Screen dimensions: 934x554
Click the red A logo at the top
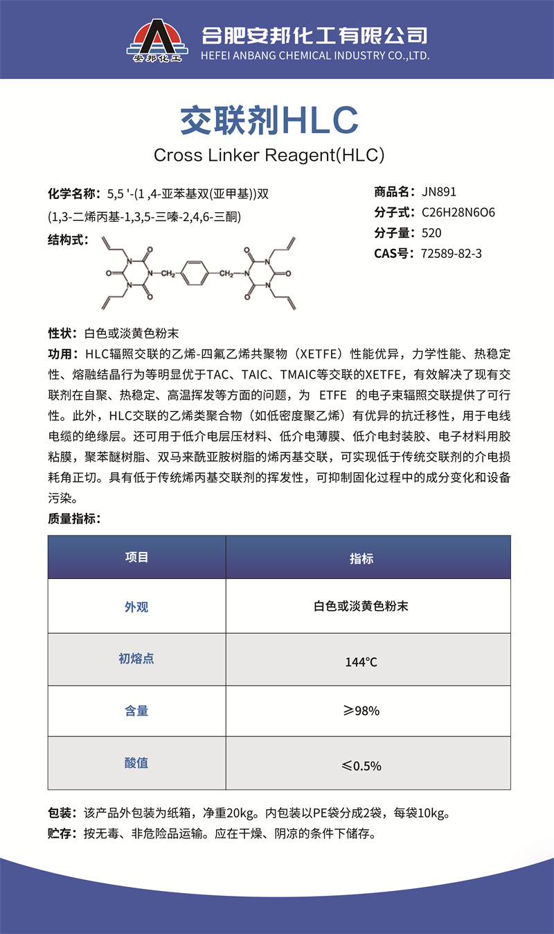click(157, 39)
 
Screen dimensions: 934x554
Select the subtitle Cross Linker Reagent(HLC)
click(269, 155)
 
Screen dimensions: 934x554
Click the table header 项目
click(136, 557)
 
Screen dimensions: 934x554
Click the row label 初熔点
click(136, 659)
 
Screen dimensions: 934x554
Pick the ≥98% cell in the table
click(361, 711)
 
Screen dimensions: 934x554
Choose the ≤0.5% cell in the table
click(361, 765)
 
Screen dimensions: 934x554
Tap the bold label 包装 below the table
click(61, 813)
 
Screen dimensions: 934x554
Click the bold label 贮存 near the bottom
click(61, 833)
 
